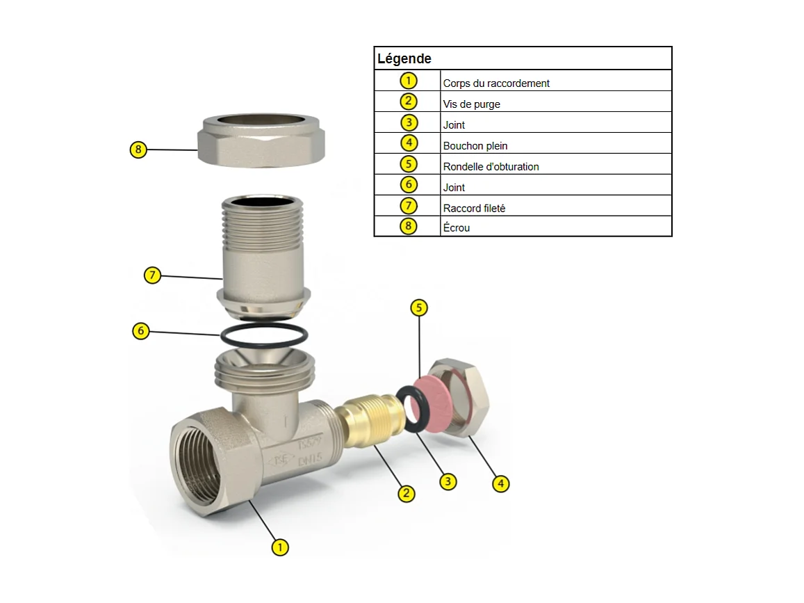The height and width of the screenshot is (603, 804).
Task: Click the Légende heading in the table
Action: point(404,58)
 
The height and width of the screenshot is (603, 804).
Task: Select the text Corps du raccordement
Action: point(496,83)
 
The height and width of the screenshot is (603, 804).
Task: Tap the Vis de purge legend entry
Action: point(471,104)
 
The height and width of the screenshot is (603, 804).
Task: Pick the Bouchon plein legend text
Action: point(475,146)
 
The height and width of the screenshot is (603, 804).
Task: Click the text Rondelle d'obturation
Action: point(491,167)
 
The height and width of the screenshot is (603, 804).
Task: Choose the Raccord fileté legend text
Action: point(474,209)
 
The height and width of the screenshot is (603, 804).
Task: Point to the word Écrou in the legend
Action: point(456,227)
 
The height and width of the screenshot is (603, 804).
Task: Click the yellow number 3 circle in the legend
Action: point(409,122)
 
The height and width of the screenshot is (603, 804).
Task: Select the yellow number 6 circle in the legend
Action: point(409,185)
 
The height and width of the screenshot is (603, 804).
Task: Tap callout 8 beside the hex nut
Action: point(138,150)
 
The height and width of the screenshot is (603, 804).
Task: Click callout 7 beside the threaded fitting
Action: point(152,275)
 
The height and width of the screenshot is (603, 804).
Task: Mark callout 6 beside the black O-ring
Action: point(141,331)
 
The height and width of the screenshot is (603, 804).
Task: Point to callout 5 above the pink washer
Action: point(419,308)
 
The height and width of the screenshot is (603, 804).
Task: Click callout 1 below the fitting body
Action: point(280,547)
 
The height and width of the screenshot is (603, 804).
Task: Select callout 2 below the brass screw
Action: point(407,494)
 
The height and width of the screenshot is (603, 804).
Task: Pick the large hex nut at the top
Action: point(261,140)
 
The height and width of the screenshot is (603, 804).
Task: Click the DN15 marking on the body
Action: point(310,458)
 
